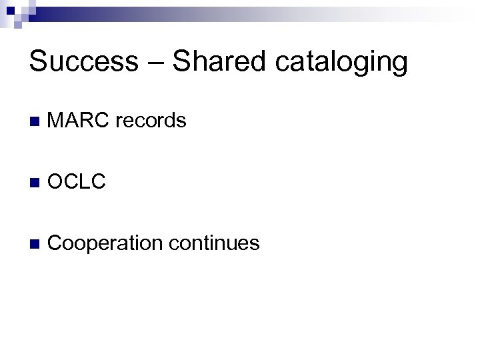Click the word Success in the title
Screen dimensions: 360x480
pos(83,61)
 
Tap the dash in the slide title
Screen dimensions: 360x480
pos(154,63)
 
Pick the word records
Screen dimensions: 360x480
pos(151,121)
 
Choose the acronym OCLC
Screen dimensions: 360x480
pos(77,181)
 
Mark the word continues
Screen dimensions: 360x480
pos(214,243)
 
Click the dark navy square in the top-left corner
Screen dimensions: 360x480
pos(11,11)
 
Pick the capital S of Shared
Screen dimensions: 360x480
pos(181,61)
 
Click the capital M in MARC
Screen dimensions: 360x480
pos(57,121)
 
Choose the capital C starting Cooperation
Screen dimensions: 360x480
pos(56,243)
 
